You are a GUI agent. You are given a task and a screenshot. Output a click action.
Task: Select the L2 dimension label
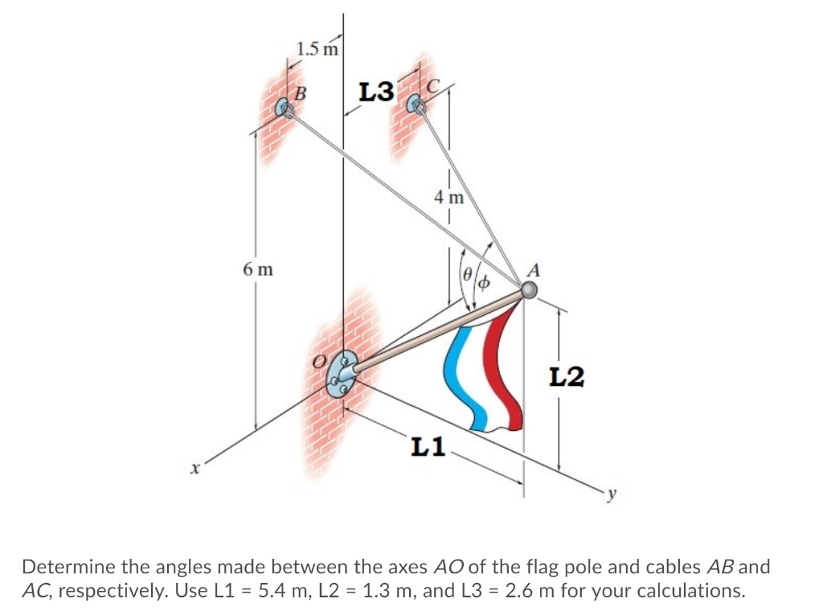click(567, 375)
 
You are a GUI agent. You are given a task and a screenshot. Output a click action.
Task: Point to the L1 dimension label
click(428, 446)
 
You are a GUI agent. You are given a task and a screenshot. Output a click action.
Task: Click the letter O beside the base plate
click(320, 363)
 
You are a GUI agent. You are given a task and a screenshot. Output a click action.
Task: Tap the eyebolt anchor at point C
click(415, 103)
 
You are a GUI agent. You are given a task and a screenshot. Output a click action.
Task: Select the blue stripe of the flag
click(469, 378)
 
